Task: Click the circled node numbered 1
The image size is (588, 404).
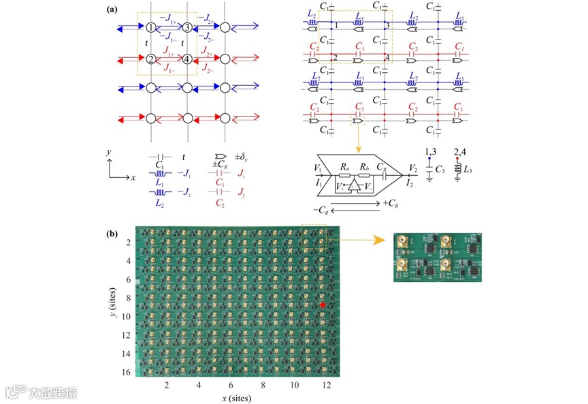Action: click(x=150, y=28)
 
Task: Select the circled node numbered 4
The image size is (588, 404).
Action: click(x=187, y=59)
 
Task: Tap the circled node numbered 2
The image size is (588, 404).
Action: click(x=150, y=59)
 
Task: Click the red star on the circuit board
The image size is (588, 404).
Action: click(x=323, y=306)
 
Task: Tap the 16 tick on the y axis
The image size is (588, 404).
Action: click(x=128, y=373)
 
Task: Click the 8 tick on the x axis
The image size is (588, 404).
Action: click(x=262, y=385)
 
